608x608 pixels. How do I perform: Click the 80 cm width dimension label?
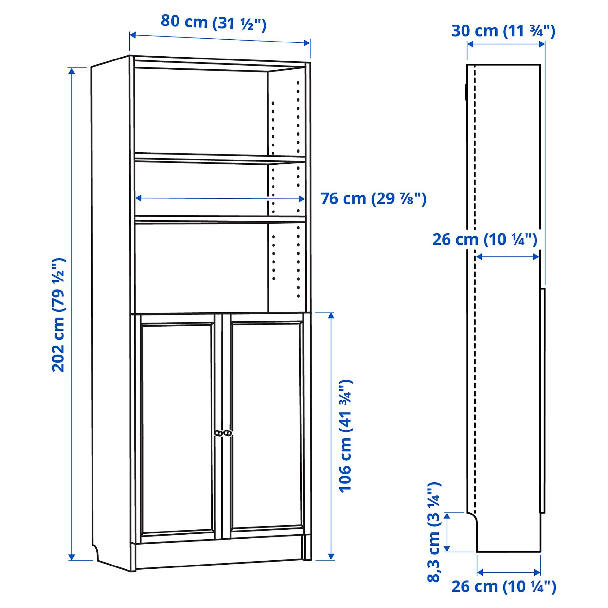[x=213, y=23]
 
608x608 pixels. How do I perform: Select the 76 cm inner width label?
[x=373, y=199]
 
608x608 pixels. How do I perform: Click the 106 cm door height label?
[x=346, y=436]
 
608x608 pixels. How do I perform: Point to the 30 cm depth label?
[x=503, y=31]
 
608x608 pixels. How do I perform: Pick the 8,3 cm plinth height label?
[x=434, y=532]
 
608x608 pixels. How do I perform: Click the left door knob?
[x=218, y=433]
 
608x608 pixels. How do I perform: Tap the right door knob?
[x=228, y=433]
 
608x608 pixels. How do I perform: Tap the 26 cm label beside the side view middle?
[x=484, y=240]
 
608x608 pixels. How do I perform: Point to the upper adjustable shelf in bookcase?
[x=220, y=158]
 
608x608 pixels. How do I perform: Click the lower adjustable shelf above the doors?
[x=220, y=219]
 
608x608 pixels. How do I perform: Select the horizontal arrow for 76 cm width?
[x=220, y=198]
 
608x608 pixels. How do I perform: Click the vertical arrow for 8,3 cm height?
[x=447, y=532]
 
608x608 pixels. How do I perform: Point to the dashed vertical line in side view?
[x=475, y=294]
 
